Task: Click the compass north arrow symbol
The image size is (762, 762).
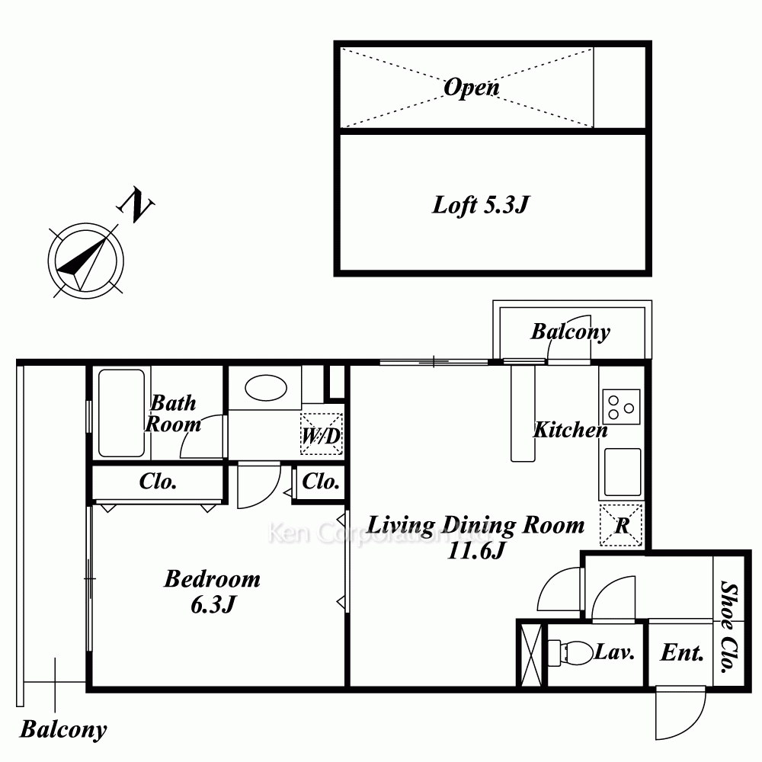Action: click(x=85, y=261)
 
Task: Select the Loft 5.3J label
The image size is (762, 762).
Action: click(x=480, y=205)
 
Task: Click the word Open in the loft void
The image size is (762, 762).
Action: click(x=472, y=88)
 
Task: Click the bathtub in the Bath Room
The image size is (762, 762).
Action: click(x=121, y=413)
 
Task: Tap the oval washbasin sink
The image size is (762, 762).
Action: click(x=266, y=388)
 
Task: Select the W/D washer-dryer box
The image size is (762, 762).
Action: click(x=322, y=434)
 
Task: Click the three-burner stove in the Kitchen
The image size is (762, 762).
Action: click(x=621, y=407)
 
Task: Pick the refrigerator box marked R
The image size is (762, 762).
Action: click(x=621, y=525)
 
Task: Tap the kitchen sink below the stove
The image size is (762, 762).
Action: click(x=622, y=472)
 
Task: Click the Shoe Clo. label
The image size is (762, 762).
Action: click(x=729, y=627)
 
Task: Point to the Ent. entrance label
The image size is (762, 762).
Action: click(x=682, y=653)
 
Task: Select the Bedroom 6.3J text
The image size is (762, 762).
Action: click(x=213, y=591)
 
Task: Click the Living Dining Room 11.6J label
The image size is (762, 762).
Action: click(x=476, y=537)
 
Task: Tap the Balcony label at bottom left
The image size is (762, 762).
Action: click(x=63, y=729)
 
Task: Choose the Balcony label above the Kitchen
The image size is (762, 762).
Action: click(x=570, y=332)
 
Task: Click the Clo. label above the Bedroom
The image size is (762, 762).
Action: click(x=158, y=482)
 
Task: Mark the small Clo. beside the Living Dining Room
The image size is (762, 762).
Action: click(x=320, y=482)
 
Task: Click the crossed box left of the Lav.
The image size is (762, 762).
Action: click(x=530, y=654)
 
